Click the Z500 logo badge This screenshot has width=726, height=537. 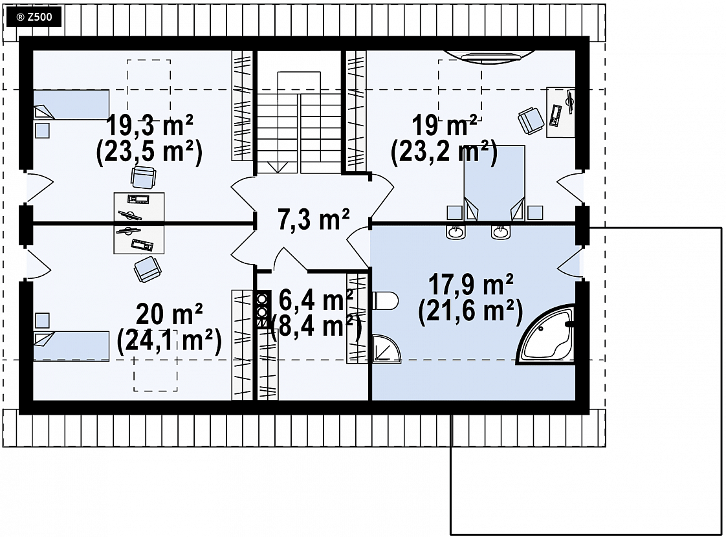click(34, 17)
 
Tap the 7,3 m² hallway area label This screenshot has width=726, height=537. click(313, 219)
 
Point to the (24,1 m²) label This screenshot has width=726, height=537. click(170, 341)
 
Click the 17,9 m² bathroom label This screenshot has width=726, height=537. click(471, 284)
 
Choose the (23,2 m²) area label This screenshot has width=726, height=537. click(444, 153)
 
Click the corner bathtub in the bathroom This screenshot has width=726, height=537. click(546, 334)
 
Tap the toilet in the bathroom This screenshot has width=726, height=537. click(385, 301)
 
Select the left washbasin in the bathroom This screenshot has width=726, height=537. click(456, 232)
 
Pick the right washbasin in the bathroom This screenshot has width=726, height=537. click(501, 232)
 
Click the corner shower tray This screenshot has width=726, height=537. click(386, 349)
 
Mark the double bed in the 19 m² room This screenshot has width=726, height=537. click(494, 183)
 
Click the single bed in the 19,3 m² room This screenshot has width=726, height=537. click(71, 105)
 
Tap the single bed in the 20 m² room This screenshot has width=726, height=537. click(71, 345)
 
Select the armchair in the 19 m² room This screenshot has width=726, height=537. click(531, 121)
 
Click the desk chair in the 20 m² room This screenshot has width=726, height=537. click(148, 269)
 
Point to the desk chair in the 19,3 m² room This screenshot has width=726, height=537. click(144, 178)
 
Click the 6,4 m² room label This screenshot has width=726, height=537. click(316, 300)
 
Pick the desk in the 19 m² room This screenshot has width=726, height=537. click(561, 112)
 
